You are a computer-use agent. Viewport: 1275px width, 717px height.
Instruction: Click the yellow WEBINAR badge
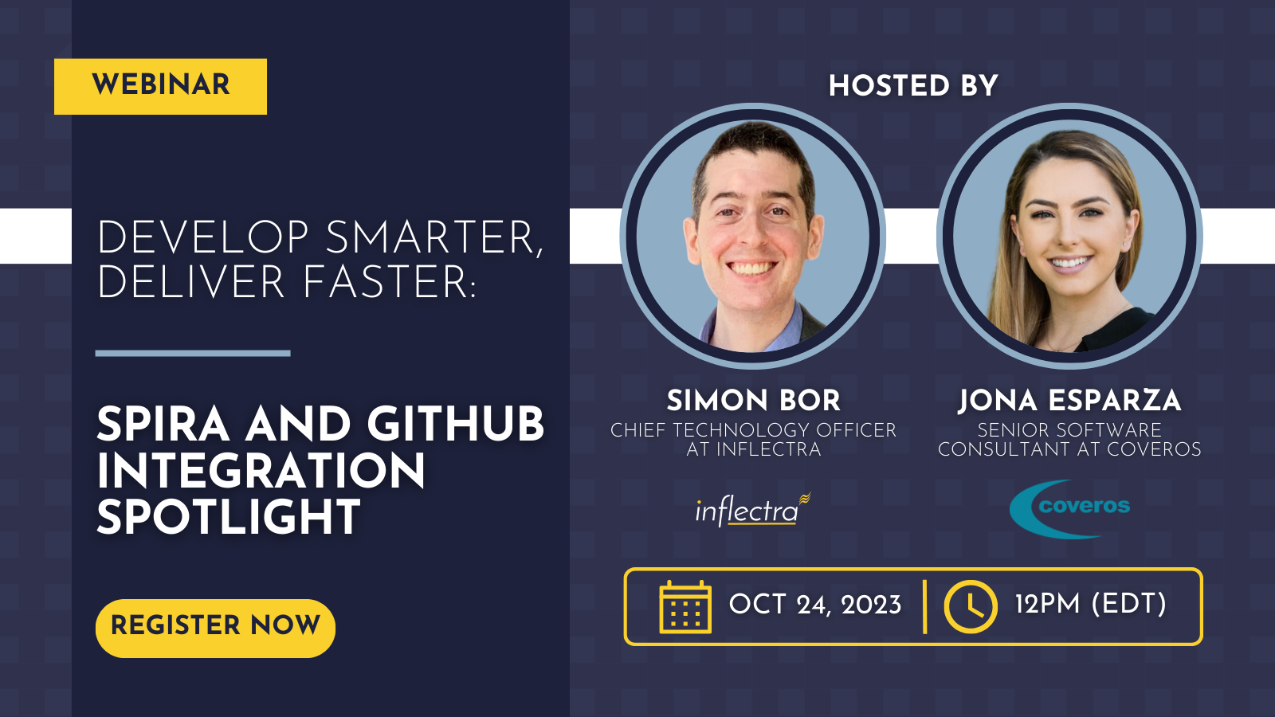[160, 87]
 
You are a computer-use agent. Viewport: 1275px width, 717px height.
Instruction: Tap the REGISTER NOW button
[215, 629]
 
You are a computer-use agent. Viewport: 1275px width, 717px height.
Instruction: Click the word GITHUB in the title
[456, 425]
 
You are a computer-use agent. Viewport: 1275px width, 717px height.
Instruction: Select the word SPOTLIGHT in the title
[229, 517]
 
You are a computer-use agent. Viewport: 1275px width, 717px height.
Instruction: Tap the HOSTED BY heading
[913, 86]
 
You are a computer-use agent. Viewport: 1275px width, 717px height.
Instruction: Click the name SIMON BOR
[754, 401]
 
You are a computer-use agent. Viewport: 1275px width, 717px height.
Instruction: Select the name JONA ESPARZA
[1069, 401]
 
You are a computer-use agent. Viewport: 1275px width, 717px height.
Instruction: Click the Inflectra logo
[752, 509]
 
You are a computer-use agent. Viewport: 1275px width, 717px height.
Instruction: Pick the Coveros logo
[1069, 509]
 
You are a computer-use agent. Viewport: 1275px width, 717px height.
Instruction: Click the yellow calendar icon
[685, 607]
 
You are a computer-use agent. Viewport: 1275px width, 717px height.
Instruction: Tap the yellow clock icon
[971, 606]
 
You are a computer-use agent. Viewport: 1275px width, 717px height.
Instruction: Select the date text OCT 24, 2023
[815, 605]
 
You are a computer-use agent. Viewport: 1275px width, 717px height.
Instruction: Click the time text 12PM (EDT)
[1091, 604]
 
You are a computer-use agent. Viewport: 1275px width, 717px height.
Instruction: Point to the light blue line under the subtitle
[193, 354]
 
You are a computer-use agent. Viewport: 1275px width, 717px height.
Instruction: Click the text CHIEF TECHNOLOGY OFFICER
[753, 430]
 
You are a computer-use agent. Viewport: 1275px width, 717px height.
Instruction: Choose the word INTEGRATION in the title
[261, 471]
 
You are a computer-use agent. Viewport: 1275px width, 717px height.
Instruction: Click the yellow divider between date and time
[924, 606]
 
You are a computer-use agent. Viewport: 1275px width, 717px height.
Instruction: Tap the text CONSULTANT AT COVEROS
[1069, 449]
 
